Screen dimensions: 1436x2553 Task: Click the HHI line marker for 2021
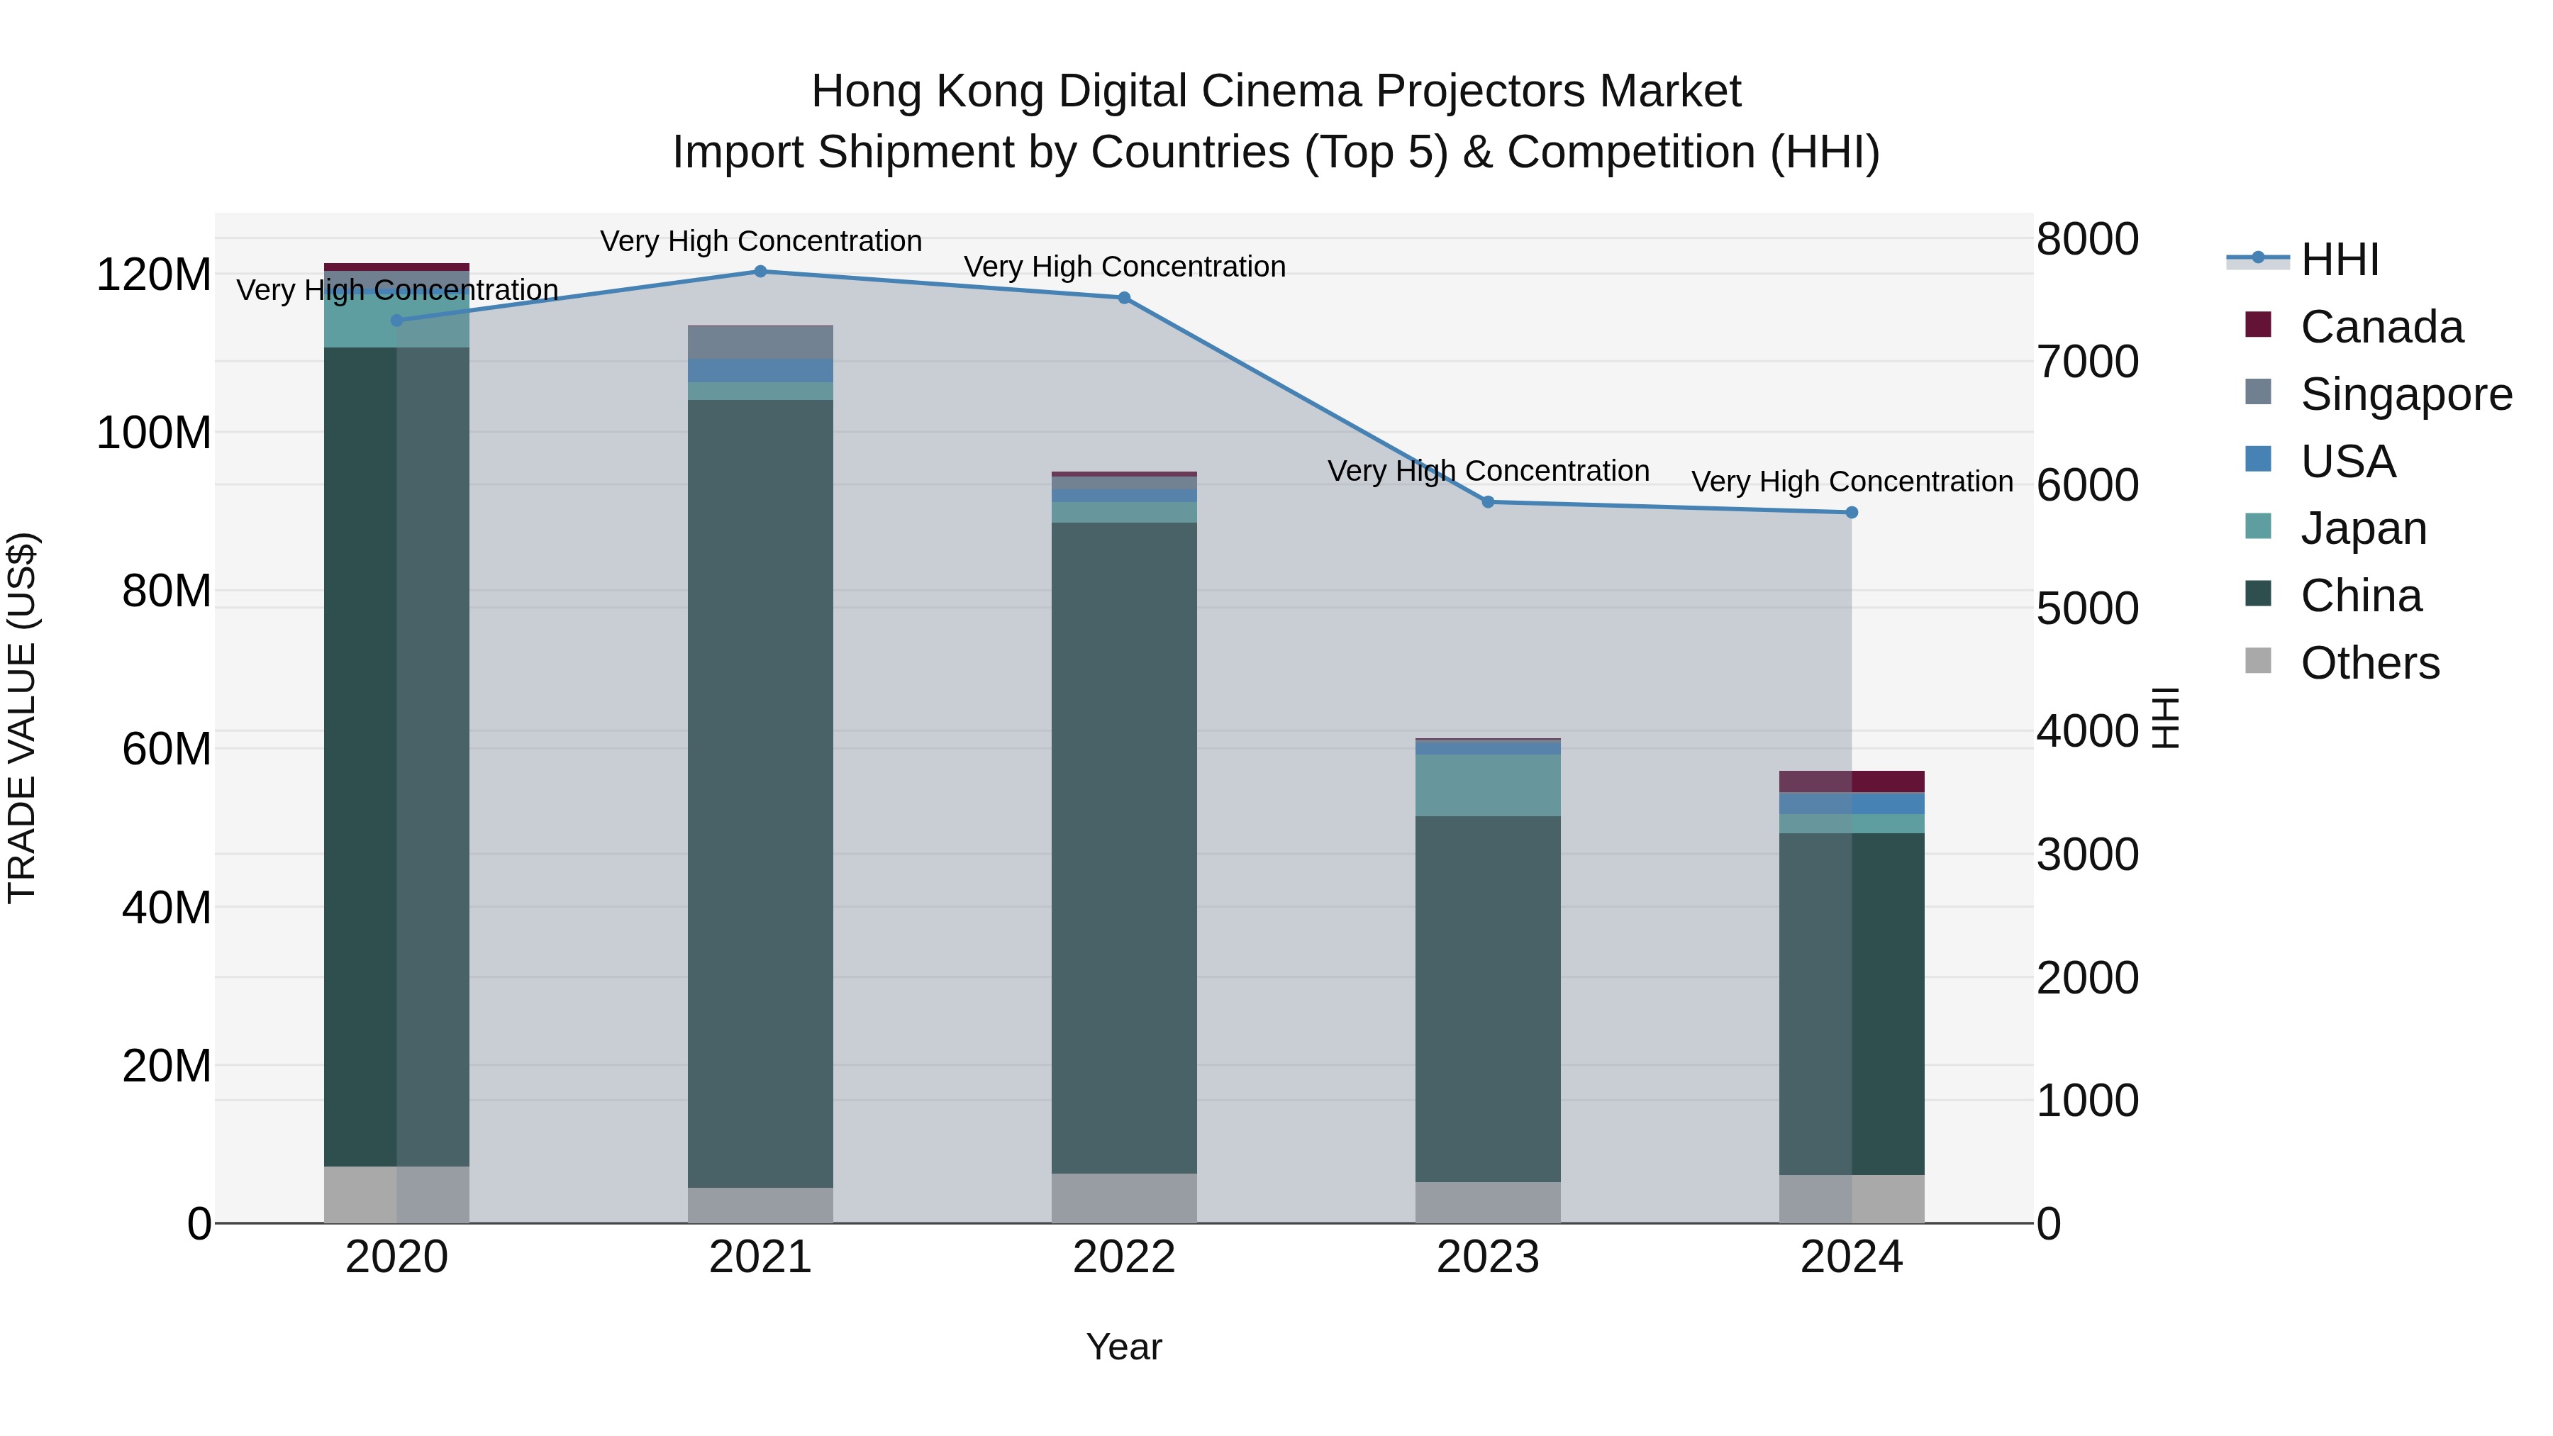click(760, 272)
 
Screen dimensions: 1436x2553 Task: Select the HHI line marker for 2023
click(1488, 503)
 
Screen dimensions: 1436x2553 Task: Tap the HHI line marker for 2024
click(1852, 513)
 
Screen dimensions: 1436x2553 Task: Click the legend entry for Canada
click(2381, 327)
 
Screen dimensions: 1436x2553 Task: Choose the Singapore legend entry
click(2405, 394)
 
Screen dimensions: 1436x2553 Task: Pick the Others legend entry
click(2369, 663)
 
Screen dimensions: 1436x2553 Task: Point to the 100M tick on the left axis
click(154, 433)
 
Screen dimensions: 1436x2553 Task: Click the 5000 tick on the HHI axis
click(2087, 608)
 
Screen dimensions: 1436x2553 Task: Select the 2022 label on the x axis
click(1124, 1257)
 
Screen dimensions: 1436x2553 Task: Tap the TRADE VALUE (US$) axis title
click(22, 718)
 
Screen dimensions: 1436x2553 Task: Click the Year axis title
click(1124, 1347)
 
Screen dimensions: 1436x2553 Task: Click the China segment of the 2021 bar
click(760, 793)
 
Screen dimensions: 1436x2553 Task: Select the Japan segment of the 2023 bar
click(1488, 785)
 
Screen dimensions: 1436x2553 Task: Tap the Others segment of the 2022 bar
click(1124, 1198)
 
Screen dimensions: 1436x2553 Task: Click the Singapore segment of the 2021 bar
click(760, 342)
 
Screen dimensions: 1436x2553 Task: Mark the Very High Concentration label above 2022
click(1124, 267)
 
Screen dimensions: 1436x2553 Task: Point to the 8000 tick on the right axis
click(2087, 239)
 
